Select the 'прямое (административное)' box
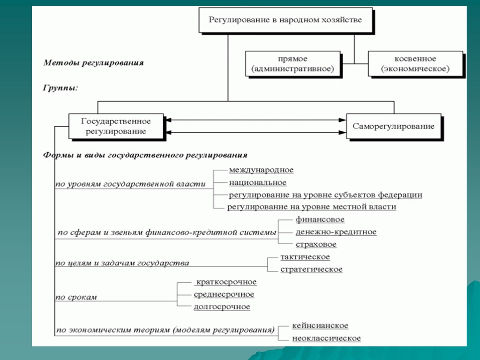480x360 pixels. pyautogui.click(x=292, y=64)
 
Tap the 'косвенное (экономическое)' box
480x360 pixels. pyautogui.click(x=415, y=64)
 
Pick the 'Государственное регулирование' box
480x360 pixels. pyautogui.click(x=116, y=126)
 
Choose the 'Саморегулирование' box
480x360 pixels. pyautogui.click(x=393, y=126)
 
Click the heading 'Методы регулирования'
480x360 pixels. pyautogui.click(x=93, y=62)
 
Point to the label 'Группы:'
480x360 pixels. pyautogui.click(x=60, y=88)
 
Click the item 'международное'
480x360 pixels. pyautogui.click(x=261, y=170)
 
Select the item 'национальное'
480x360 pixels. pyautogui.click(x=257, y=182)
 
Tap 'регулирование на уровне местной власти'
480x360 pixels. pyautogui.click(x=312, y=207)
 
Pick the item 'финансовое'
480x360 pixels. pyautogui.click(x=320, y=219)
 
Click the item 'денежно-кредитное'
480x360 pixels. pyautogui.click(x=336, y=232)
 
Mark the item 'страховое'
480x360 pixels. pyautogui.click(x=316, y=244)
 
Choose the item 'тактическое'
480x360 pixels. pyautogui.click(x=305, y=257)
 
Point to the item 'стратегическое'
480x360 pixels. pyautogui.click(x=311, y=270)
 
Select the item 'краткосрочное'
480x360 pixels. pyautogui.click(x=226, y=282)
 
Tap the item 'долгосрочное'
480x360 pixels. pyautogui.click(x=222, y=307)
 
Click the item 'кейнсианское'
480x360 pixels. pyautogui.click(x=320, y=326)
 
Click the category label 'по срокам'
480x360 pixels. pyautogui.click(x=76, y=297)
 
